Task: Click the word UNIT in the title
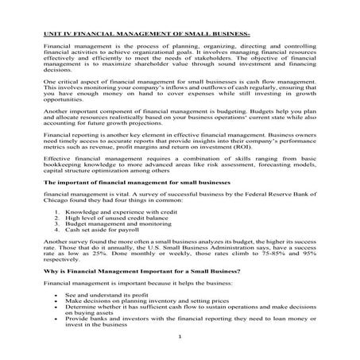[x=51, y=33]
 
